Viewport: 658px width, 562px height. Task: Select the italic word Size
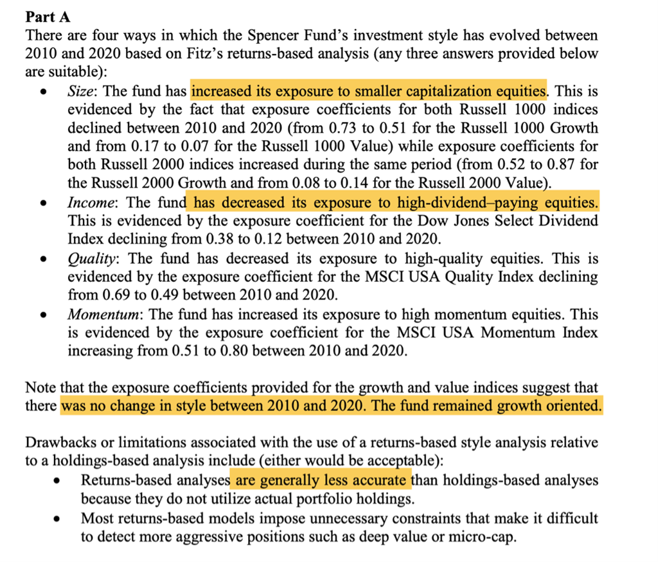(80, 91)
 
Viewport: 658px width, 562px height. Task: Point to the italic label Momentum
(104, 315)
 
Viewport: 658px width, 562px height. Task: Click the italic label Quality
(92, 259)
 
